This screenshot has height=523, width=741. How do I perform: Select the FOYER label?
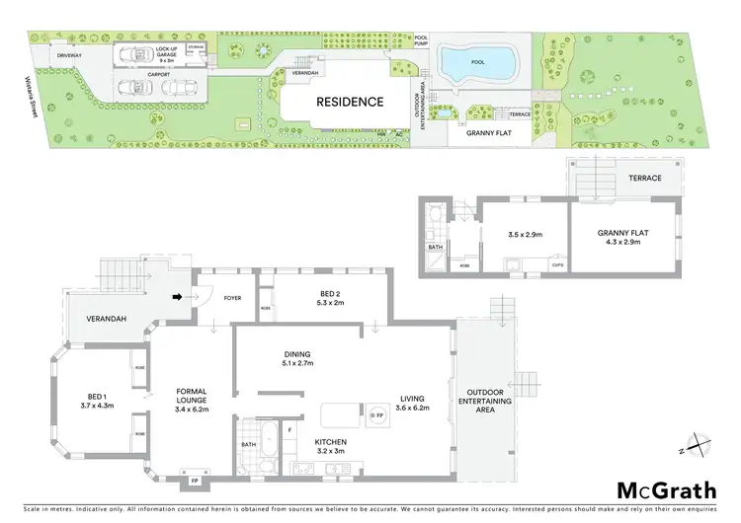(x=233, y=295)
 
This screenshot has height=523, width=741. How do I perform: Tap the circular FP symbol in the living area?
(x=376, y=417)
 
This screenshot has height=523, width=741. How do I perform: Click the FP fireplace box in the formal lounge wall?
(x=194, y=483)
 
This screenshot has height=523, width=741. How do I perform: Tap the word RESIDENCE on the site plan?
(x=349, y=102)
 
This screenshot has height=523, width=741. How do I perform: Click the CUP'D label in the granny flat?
(x=558, y=263)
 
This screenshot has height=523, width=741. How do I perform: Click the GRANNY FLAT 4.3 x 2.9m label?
(x=619, y=237)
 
